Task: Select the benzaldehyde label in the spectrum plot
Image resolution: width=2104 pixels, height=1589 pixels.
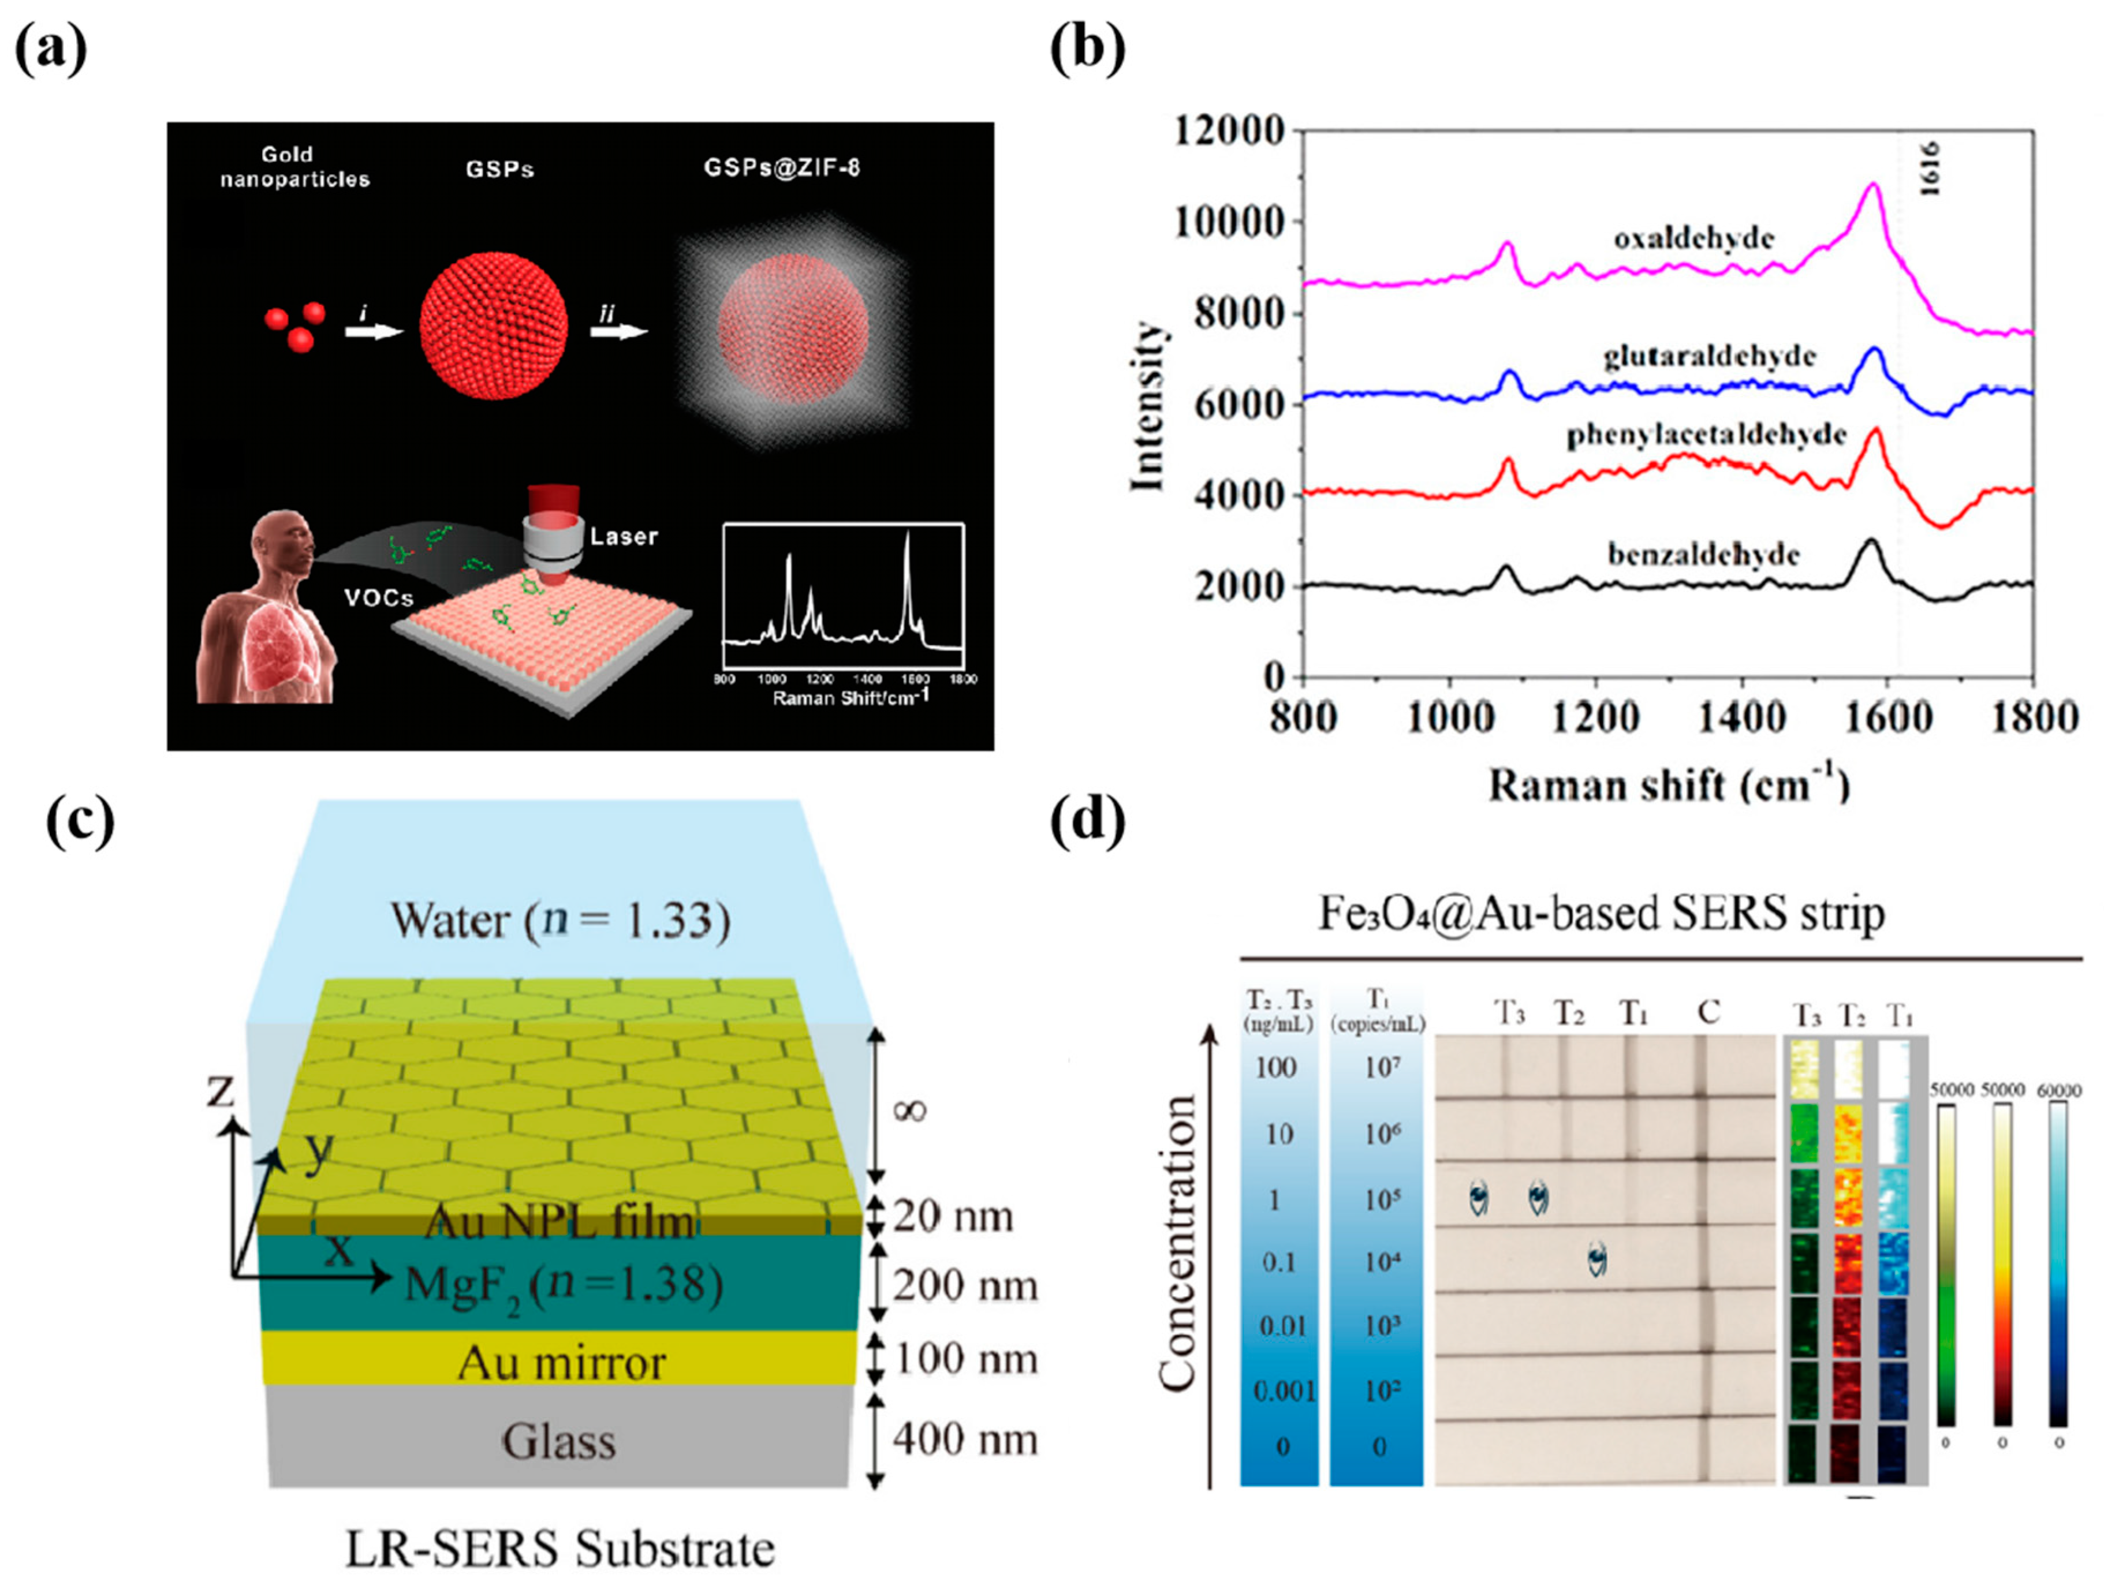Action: [1703, 555]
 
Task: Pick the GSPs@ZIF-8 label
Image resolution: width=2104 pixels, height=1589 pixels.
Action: [782, 169]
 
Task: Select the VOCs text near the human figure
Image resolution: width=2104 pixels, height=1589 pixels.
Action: [379, 598]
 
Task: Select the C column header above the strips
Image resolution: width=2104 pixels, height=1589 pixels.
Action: [1708, 1013]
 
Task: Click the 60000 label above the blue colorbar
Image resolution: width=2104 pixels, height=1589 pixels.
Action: [2058, 1091]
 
